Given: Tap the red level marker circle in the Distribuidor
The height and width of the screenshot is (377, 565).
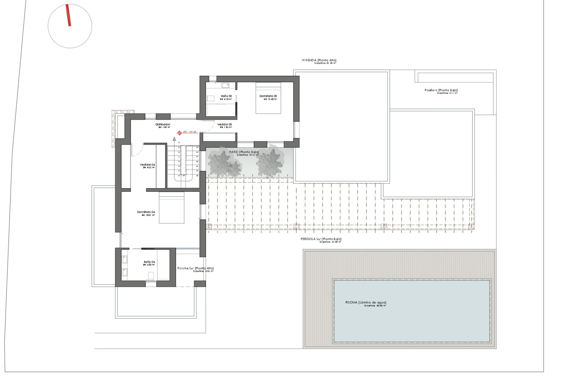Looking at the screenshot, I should pos(179,133).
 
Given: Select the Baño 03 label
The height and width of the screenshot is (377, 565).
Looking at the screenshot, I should pos(226,96).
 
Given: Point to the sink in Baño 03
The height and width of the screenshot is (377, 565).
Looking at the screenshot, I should pos(225,85).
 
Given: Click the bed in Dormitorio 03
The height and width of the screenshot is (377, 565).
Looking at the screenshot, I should pos(268,98).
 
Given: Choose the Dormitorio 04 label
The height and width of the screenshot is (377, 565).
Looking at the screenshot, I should pos(146,212).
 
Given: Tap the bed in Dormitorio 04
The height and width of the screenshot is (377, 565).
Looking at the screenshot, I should pos(172,208).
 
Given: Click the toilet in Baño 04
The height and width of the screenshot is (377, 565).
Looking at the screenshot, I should pos(151,276).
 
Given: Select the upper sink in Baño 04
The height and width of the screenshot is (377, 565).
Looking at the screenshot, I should pos(124,259).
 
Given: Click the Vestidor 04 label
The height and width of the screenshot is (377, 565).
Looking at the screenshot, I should pos(147,165).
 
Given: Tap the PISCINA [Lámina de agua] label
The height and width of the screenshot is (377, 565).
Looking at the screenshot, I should pos(366,302).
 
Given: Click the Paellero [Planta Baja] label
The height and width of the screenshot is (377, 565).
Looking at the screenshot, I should pos(441,90).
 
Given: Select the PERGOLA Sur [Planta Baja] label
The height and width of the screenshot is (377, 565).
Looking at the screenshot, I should pos(321,239).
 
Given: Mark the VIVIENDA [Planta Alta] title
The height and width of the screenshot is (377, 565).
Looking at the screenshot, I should pos(319,60).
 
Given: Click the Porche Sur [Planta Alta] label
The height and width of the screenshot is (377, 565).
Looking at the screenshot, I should pos(195,268).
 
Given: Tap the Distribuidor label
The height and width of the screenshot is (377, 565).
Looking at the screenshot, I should pos(163,125).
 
